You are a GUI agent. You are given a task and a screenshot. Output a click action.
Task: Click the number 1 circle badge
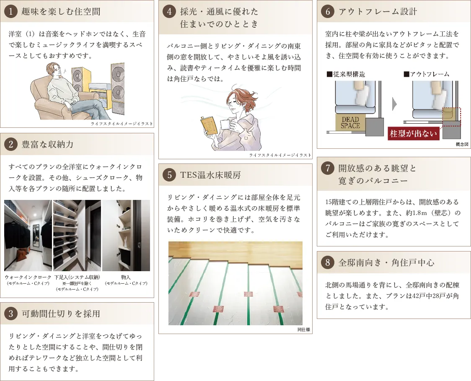[11, 11]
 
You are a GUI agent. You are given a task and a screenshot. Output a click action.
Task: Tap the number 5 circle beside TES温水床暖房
[169, 175]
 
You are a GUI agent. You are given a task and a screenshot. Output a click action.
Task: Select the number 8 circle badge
[328, 262]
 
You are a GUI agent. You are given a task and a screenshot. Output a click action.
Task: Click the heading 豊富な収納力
[47, 144]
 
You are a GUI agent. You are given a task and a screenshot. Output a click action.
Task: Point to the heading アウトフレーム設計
[378, 11]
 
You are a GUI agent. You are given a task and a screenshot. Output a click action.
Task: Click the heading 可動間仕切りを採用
[61, 314]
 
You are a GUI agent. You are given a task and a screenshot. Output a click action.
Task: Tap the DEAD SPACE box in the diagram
[350, 122]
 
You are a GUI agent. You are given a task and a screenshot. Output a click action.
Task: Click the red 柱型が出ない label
[413, 133]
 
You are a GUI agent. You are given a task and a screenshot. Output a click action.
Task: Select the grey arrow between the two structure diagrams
[394, 104]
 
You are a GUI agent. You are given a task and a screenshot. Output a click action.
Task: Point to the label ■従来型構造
[346, 74]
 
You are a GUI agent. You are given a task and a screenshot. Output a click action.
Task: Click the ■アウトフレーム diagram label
[427, 74]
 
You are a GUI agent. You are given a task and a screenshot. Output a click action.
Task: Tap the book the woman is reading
[210, 125]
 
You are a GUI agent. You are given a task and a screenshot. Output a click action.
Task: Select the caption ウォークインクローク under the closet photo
[28, 277]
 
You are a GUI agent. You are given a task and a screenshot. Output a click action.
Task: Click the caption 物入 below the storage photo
[126, 277]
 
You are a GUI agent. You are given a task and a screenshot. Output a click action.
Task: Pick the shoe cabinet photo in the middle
[77, 236]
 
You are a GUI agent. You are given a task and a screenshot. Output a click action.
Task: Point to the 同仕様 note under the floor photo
[304, 329]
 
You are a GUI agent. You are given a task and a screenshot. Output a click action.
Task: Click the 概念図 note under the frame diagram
[462, 144]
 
